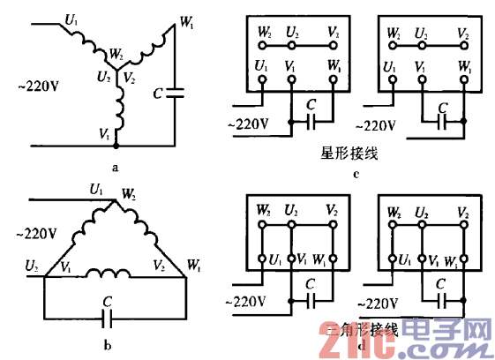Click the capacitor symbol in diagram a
tap(176, 93)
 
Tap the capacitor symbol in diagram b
tap(108, 312)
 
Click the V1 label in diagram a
tap(106, 133)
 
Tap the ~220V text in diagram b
tap(36, 233)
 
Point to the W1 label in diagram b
tap(194, 262)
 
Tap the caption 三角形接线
tap(362, 330)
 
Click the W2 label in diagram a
tap(116, 55)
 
